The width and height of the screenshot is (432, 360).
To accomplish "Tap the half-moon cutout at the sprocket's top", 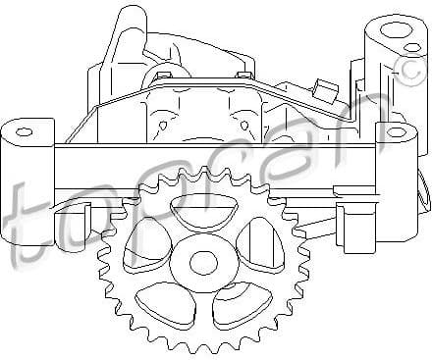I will [201, 209].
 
